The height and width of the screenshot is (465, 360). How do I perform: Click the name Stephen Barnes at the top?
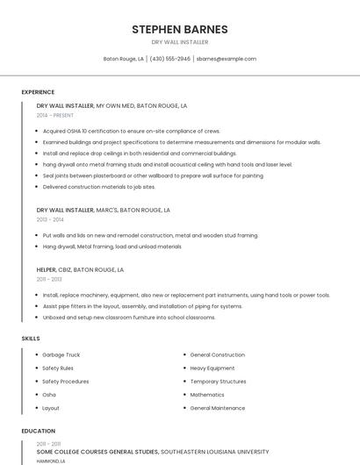[179, 29]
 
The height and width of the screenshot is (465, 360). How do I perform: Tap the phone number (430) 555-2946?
[169, 59]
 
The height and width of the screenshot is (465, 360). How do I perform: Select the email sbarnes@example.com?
[227, 59]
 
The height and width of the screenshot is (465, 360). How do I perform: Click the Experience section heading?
[38, 92]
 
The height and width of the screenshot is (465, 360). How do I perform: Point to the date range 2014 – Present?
[55, 115]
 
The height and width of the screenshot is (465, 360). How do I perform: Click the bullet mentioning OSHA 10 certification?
[132, 131]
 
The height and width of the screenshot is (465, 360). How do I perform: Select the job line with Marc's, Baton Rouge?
[103, 211]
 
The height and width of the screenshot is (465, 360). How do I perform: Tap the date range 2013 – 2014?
[50, 220]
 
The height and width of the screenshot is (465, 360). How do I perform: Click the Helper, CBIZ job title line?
[80, 270]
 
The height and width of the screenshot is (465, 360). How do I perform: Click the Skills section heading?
[30, 338]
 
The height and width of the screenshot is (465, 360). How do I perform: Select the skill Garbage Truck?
[61, 354]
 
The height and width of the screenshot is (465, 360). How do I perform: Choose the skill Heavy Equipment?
[212, 368]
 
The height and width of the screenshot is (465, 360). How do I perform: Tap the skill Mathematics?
[207, 395]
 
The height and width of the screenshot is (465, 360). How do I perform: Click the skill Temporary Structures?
[219, 382]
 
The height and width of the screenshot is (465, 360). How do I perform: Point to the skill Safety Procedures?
[65, 382]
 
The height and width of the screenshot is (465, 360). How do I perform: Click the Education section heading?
[38, 431]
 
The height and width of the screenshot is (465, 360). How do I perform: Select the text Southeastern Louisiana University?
[215, 452]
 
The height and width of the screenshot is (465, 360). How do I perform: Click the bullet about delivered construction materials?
[99, 187]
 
